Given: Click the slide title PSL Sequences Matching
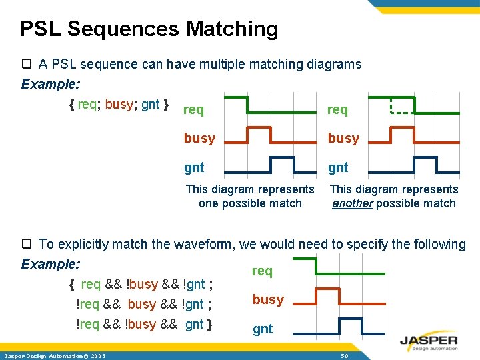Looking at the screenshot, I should (x=149, y=29).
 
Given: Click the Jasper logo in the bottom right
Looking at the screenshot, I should (x=429, y=341).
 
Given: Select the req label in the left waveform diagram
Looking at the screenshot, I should (x=193, y=109).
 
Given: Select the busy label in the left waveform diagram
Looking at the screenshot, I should (x=199, y=138).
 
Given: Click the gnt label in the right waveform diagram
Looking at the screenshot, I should (x=338, y=167).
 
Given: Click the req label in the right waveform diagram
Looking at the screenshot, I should (x=337, y=109).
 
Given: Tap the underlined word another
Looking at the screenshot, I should (x=352, y=203).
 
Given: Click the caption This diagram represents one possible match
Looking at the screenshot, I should (x=250, y=196).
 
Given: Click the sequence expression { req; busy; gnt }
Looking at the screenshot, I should (x=119, y=104).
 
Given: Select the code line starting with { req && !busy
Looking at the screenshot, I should (x=141, y=285).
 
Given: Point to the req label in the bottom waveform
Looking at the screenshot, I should (x=262, y=271).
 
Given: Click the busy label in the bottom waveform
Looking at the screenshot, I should (x=268, y=299).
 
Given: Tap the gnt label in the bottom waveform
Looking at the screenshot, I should (x=263, y=329).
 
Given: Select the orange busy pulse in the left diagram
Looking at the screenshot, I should (x=258, y=135).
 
